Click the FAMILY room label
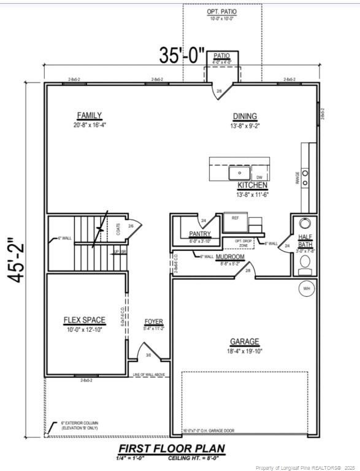[90, 116]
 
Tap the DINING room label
[245, 117]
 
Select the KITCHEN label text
[253, 185]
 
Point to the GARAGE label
[245, 342]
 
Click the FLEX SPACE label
[85, 320]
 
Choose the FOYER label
[153, 322]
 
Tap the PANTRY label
[200, 234]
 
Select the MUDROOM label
[231, 256]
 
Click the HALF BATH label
[305, 240]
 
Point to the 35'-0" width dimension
[182, 55]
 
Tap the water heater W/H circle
[305, 288]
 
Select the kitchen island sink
[238, 174]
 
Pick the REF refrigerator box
[235, 218]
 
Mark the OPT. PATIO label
[222, 12]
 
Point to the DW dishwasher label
[259, 177]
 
